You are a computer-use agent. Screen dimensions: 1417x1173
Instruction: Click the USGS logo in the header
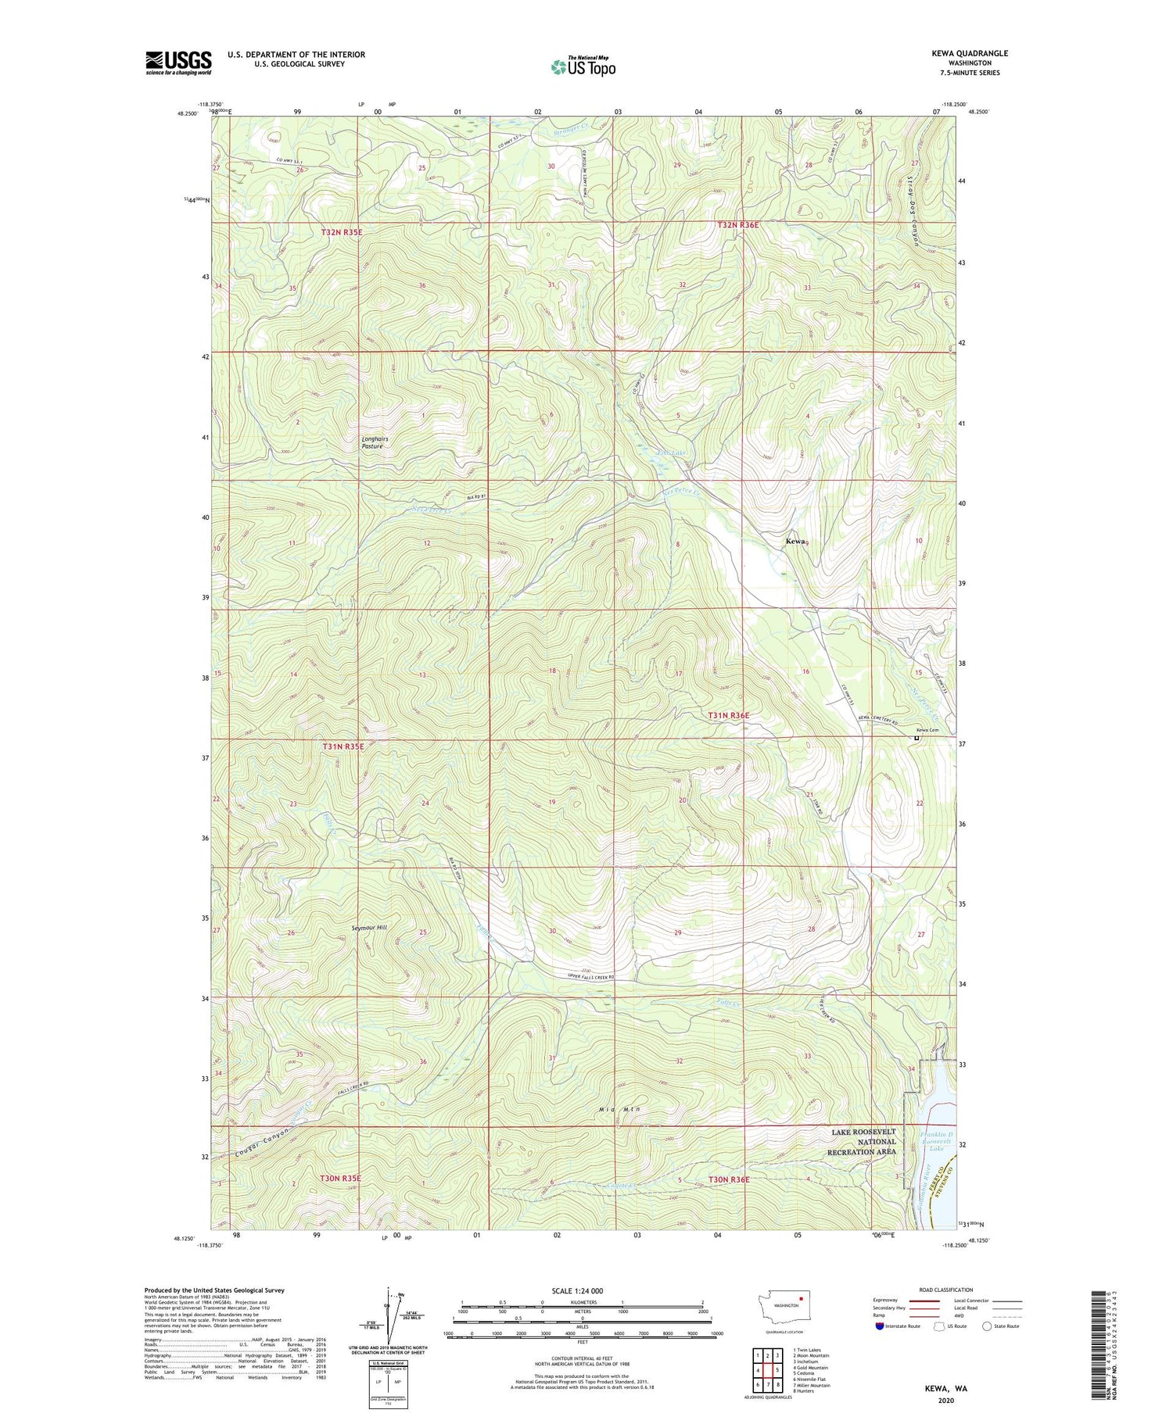click(178, 63)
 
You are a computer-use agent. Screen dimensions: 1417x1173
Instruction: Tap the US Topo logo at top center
click(583, 67)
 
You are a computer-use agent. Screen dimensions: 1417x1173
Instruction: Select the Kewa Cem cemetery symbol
click(917, 737)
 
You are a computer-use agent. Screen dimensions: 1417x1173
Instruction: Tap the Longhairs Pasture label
click(375, 442)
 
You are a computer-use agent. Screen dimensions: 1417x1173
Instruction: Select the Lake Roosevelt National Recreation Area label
click(863, 1142)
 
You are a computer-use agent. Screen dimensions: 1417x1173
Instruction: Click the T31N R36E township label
click(728, 715)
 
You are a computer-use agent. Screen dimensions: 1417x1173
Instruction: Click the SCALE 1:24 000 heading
click(583, 1290)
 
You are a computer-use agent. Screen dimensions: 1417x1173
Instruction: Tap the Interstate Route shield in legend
click(879, 1326)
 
